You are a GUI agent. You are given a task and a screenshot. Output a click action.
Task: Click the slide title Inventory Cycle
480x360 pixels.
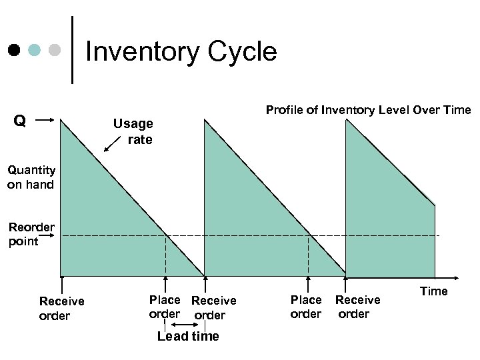click(181, 51)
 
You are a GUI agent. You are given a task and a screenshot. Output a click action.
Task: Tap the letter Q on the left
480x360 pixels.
click(20, 121)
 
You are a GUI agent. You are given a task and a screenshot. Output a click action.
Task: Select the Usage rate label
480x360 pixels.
click(133, 131)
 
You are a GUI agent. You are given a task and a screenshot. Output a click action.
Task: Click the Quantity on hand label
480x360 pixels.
click(31, 177)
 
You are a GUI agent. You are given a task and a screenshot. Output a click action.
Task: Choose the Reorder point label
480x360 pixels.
click(31, 234)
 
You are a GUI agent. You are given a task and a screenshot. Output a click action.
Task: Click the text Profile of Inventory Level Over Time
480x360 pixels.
click(368, 110)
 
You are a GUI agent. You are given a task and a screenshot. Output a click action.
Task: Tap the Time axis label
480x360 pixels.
click(433, 291)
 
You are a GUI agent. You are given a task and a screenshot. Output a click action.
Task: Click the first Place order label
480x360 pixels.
click(164, 307)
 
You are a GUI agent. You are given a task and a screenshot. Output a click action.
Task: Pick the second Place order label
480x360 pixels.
click(306, 307)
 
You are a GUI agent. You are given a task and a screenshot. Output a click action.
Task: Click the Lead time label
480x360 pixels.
click(188, 336)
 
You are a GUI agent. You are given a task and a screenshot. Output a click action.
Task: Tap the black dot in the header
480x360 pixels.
click(14, 50)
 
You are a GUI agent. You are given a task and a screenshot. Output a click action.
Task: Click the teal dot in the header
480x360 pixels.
click(35, 50)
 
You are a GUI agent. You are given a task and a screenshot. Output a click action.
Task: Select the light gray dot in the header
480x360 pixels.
click(56, 50)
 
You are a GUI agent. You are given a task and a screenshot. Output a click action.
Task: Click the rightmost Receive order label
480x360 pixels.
click(357, 307)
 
